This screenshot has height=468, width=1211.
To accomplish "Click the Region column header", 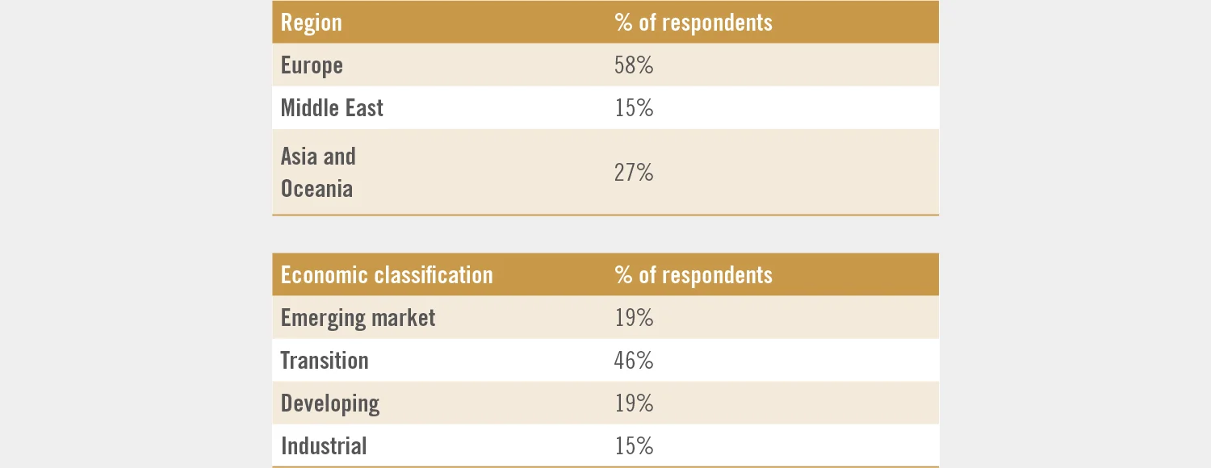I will point(312,23).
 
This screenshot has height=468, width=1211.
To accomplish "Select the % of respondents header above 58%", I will point(693,23).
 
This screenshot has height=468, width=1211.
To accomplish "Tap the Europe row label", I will point(312,65).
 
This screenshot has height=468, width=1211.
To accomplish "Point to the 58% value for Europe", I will point(634,65).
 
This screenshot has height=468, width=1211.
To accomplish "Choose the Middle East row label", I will point(332,108).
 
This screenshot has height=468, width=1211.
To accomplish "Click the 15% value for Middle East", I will point(634,108).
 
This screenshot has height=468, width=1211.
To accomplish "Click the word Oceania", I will point(316,189).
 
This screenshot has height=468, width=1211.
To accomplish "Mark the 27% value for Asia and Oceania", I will point(634,173).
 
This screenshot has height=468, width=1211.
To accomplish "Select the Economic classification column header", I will point(387,275).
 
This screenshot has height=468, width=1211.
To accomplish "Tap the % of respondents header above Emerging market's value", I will point(693,275).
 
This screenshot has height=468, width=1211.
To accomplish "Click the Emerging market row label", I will point(358,318).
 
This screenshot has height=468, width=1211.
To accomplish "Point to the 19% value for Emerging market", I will point(634,318).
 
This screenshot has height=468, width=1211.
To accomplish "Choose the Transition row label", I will point(325,361).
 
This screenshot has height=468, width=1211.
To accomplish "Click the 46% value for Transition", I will point(634,361).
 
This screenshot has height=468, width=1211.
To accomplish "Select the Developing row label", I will point(330,403).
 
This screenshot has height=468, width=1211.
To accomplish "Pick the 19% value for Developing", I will point(634,403).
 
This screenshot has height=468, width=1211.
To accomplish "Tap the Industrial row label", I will point(324,446).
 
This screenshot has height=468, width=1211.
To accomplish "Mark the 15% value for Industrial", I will point(634,446).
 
